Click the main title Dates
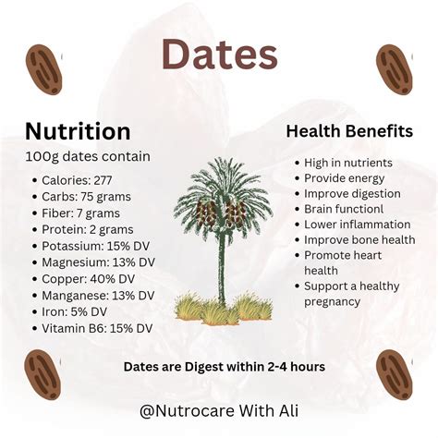pyautogui.click(x=219, y=55)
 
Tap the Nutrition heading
pyautogui.click(x=78, y=130)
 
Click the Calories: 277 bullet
pyautogui.click(x=76, y=180)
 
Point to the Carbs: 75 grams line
pyautogui.click(x=86, y=197)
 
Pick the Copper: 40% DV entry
pyautogui.click(x=89, y=279)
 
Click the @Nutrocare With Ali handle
pyautogui.click(x=219, y=410)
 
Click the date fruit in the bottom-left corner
pyautogui.click(x=43, y=372)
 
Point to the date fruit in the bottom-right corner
pyautogui.click(x=395, y=374)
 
